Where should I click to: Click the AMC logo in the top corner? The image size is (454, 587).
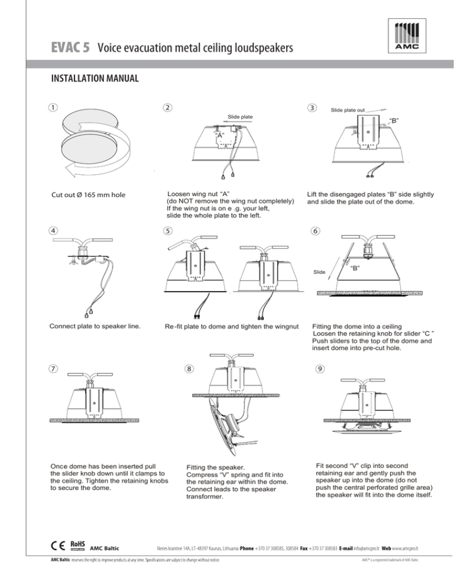coord(407,36)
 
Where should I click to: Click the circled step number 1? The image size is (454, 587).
coord(53,107)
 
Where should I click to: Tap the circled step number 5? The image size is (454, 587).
coord(167,230)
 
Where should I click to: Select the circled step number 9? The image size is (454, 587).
coord(320,368)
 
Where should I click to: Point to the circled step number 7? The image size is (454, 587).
coord(53,368)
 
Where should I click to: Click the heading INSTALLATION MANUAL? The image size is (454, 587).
coord(95,78)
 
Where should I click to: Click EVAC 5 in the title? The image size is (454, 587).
coord(70,48)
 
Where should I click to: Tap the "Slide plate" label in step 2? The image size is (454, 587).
coord(241,117)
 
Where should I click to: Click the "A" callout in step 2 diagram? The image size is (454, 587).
coord(220,135)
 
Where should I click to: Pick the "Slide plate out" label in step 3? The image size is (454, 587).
coord(348,110)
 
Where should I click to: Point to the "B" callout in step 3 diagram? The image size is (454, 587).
coord(394,120)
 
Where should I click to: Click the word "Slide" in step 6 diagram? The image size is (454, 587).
coord(319,272)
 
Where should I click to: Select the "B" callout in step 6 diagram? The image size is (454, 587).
coord(355,268)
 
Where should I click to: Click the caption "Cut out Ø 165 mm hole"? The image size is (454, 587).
coord(89,195)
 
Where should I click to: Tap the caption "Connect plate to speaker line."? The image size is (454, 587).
coord(95,326)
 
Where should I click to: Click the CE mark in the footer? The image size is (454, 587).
coord(58,546)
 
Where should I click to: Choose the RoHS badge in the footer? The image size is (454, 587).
coord(77,546)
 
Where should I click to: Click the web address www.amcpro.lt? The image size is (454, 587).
coord(405,549)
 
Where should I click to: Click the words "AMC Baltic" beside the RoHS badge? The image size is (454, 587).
coord(105,549)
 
